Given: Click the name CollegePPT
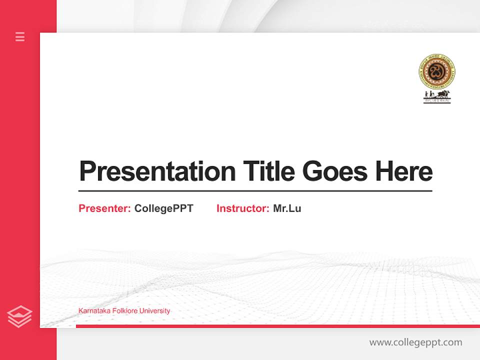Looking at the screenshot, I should [x=163, y=208].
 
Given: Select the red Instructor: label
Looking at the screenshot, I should [x=242, y=208].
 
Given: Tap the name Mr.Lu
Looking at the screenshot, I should [x=287, y=208].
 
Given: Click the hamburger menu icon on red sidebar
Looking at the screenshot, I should [x=20, y=36].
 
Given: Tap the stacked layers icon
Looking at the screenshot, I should [x=19, y=316].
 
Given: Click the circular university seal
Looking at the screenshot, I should [x=437, y=71].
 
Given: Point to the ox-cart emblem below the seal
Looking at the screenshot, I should [x=437, y=95].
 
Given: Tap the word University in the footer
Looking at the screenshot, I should [x=155, y=311].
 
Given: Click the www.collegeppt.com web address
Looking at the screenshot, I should [x=415, y=342].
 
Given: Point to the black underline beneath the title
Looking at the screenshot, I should [x=255, y=191].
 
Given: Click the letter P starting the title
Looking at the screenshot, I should [x=87, y=171].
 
